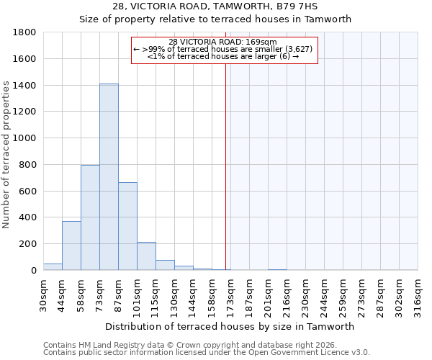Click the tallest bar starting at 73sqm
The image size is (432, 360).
[x=109, y=176]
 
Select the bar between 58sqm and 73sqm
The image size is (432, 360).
[x=90, y=217]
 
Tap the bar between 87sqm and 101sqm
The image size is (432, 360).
[x=127, y=226]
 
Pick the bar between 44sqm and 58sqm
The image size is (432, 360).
[x=71, y=246]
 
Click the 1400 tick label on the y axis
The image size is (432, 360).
[x=25, y=86]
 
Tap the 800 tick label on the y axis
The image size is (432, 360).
[x=28, y=165]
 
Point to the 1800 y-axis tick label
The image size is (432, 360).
[x=25, y=32]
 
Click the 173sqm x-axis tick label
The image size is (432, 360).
[x=230, y=294]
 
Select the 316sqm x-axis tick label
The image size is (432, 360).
[x=418, y=294]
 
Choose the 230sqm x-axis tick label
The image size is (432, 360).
[x=305, y=294]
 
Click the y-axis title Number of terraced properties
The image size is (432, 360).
[x=6, y=155]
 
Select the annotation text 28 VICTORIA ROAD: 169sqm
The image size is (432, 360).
[x=222, y=42]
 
